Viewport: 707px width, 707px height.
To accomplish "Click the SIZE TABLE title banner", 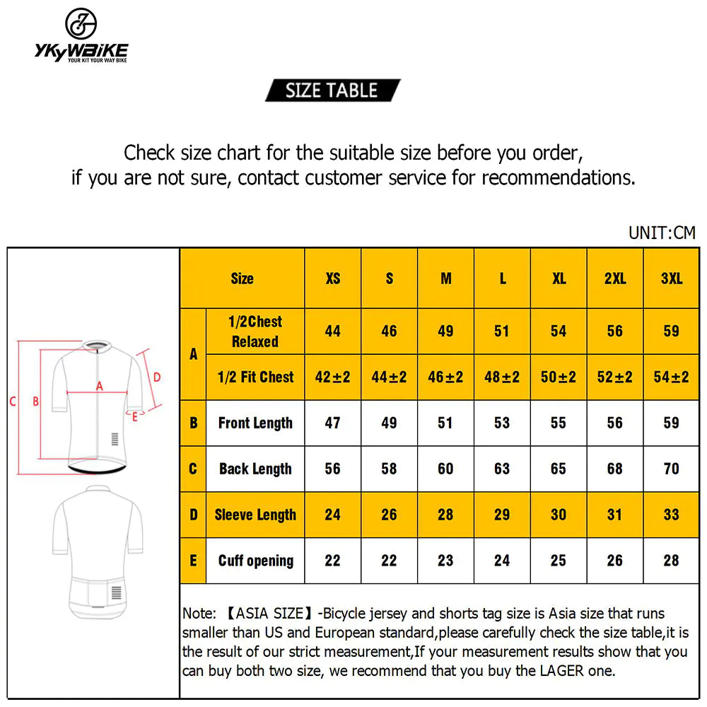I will pos(332,90).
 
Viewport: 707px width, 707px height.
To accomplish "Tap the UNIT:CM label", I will pos(662,233).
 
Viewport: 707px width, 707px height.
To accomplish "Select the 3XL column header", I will pos(672,279).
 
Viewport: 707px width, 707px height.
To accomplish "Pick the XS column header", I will pos(333,279).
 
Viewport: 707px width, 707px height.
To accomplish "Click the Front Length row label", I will pos(255,423).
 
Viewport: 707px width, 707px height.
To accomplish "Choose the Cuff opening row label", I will pos(255,561).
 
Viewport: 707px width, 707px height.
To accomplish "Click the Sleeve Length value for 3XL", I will pos(672,515).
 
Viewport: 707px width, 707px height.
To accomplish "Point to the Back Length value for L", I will pos(502,469).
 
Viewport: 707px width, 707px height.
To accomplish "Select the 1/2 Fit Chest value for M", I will pos(445,378).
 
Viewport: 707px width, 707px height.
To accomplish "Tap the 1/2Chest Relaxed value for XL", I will pos(559,332).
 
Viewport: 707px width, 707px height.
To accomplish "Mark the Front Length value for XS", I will pos(333,423).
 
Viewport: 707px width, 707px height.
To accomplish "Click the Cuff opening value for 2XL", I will pos(615,561).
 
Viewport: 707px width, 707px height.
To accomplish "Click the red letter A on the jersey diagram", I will pos(100,386).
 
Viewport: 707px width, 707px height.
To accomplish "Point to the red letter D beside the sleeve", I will pos(157,377).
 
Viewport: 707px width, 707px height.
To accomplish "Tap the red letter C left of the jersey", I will pos(13,402).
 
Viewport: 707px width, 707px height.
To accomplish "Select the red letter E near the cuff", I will pos(135,416).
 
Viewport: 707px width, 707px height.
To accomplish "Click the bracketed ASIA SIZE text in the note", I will pos(269,614).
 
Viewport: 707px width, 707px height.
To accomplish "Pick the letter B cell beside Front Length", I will pos(193,423).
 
